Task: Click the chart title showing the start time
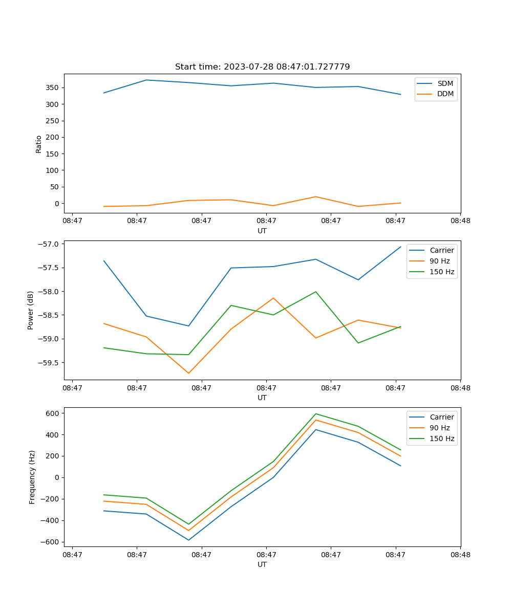click(262, 67)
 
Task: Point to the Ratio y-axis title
click(39, 144)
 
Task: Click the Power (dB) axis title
click(31, 310)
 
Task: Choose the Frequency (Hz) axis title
click(32, 477)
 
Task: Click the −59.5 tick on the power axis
click(49, 363)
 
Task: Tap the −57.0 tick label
click(49, 244)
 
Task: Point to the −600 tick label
click(52, 542)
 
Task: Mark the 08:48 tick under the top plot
click(460, 221)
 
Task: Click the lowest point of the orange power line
click(188, 373)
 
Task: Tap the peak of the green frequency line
click(316, 413)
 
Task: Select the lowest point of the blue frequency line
click(188, 540)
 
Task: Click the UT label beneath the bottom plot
click(262, 564)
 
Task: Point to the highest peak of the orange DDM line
click(316, 196)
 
